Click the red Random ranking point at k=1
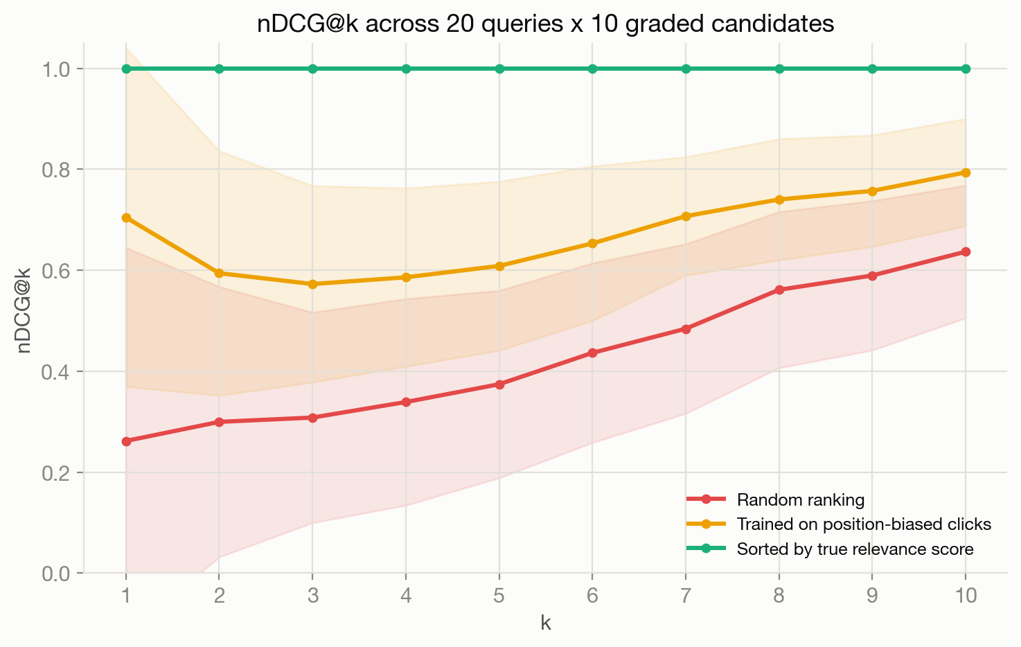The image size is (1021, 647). [126, 441]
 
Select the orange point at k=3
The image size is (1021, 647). [312, 284]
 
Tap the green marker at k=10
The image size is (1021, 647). [966, 69]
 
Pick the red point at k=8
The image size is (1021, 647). [779, 290]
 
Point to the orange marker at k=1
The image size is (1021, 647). [126, 218]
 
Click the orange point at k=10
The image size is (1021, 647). [966, 172]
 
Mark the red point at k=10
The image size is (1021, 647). [966, 251]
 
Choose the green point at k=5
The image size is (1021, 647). [499, 69]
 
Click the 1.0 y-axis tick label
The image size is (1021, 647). [57, 69]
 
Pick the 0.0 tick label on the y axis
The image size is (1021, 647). [57, 574]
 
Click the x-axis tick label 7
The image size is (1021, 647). [686, 596]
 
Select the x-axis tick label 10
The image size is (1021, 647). [966, 596]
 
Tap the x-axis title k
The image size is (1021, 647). [546, 623]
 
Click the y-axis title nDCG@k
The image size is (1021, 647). [23, 310]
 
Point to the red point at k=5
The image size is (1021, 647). [499, 384]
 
